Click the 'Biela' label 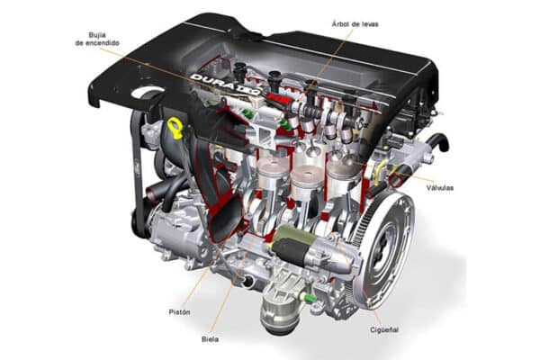(210, 340)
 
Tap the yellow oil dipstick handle (175, 129)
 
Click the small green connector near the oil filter (308, 296)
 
